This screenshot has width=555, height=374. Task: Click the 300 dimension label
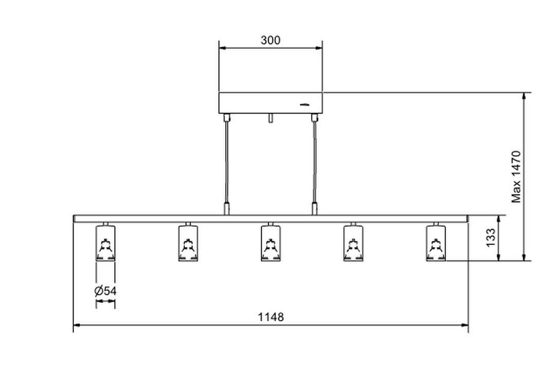coord(270,41)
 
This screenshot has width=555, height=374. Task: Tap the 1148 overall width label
coord(270,316)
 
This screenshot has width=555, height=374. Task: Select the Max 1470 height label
coord(516,177)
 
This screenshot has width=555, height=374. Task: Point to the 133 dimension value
coord(491,238)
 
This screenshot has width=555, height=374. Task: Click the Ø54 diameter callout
coord(105,291)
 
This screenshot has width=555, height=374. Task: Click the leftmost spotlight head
coord(105,242)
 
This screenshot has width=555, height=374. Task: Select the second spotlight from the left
coord(188,242)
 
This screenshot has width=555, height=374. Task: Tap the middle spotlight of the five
coord(271,242)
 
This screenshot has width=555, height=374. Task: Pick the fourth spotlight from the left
coord(353,242)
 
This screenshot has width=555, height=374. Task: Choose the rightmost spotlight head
coord(436,242)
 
